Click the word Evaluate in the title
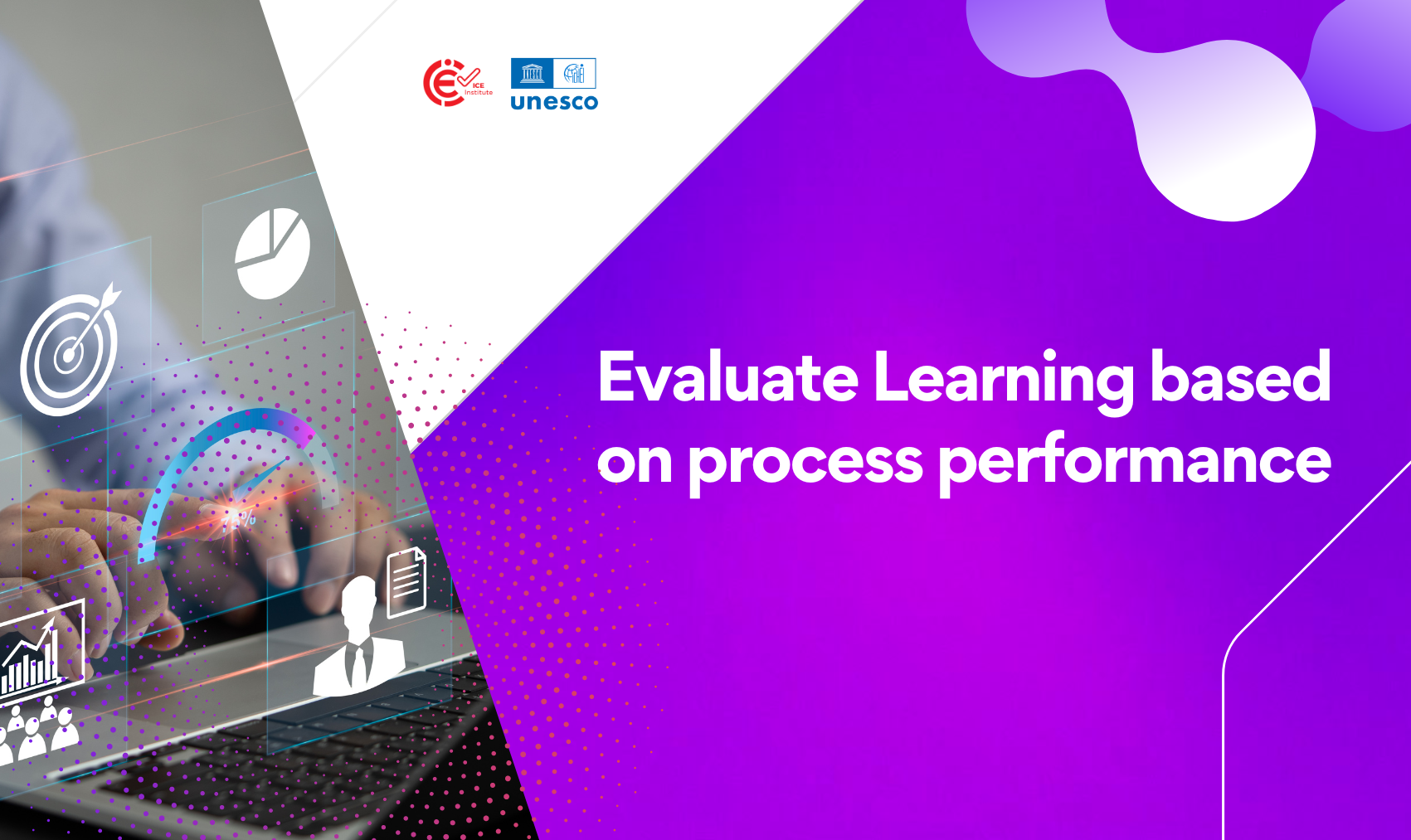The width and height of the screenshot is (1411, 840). pos(728,376)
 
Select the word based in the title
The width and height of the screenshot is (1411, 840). pos(1240,376)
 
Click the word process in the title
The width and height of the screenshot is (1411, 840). pos(805,464)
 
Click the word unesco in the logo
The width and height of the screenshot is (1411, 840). pos(554,102)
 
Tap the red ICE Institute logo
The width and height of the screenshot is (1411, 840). pos(457,83)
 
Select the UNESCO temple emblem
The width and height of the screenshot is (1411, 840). pos(532,73)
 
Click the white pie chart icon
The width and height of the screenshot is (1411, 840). pos(272,253)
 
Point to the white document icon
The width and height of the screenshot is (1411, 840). pos(406,582)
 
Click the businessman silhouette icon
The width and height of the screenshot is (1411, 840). pos(359,636)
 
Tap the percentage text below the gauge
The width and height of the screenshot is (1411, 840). pos(239,520)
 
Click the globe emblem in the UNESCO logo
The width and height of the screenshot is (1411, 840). pos(575,74)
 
